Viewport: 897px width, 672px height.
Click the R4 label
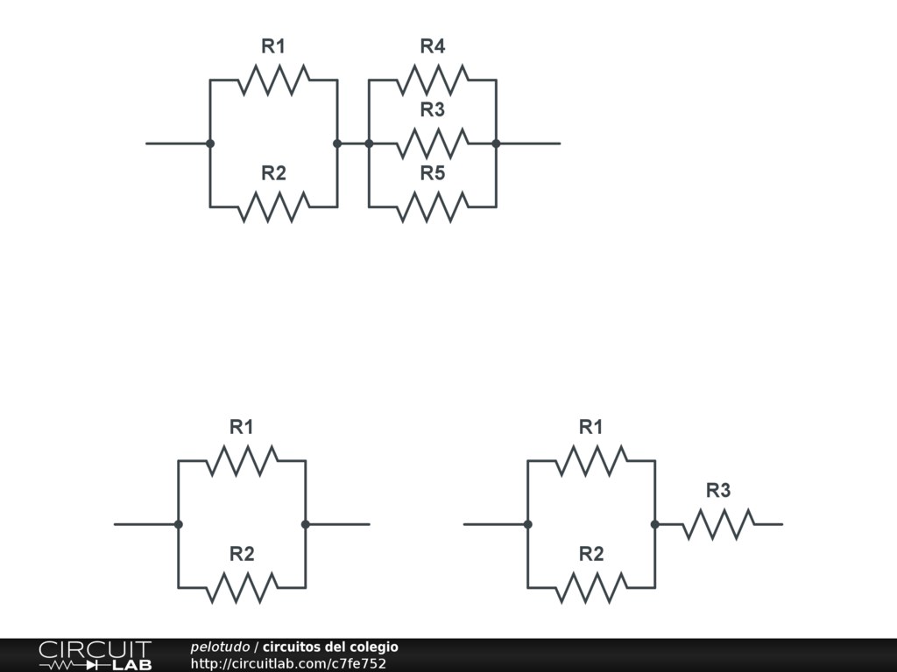pyautogui.click(x=432, y=46)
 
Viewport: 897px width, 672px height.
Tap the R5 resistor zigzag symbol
pyautogui.click(x=432, y=206)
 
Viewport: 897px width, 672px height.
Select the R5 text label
pyautogui.click(x=432, y=173)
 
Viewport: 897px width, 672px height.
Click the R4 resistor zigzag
pyautogui.click(x=432, y=80)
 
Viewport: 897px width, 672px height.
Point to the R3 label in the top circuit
pyautogui.click(x=432, y=109)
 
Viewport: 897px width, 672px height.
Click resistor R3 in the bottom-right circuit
pyautogui.click(x=718, y=524)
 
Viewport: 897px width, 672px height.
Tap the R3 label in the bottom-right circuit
pyautogui.click(x=718, y=491)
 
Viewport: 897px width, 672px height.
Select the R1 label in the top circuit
pyautogui.click(x=273, y=46)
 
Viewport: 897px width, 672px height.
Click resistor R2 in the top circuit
pyautogui.click(x=273, y=206)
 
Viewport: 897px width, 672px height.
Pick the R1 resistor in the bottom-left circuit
pyautogui.click(x=242, y=460)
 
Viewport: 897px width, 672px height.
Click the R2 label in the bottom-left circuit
pyautogui.click(x=242, y=554)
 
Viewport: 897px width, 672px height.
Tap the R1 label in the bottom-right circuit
pyautogui.click(x=591, y=427)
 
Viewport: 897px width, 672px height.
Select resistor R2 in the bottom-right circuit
pyautogui.click(x=591, y=587)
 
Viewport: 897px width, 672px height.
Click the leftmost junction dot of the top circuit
pyautogui.click(x=210, y=143)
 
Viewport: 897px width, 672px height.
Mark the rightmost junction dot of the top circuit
pyautogui.click(x=496, y=143)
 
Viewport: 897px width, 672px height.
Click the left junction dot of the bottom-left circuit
pyautogui.click(x=179, y=524)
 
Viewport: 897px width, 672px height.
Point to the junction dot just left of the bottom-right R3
pyautogui.click(x=654, y=524)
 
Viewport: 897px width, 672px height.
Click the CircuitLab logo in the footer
pyautogui.click(x=95, y=655)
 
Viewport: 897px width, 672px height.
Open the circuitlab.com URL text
pyautogui.click(x=288, y=663)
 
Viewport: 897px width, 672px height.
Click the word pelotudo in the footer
pyautogui.click(x=220, y=647)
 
